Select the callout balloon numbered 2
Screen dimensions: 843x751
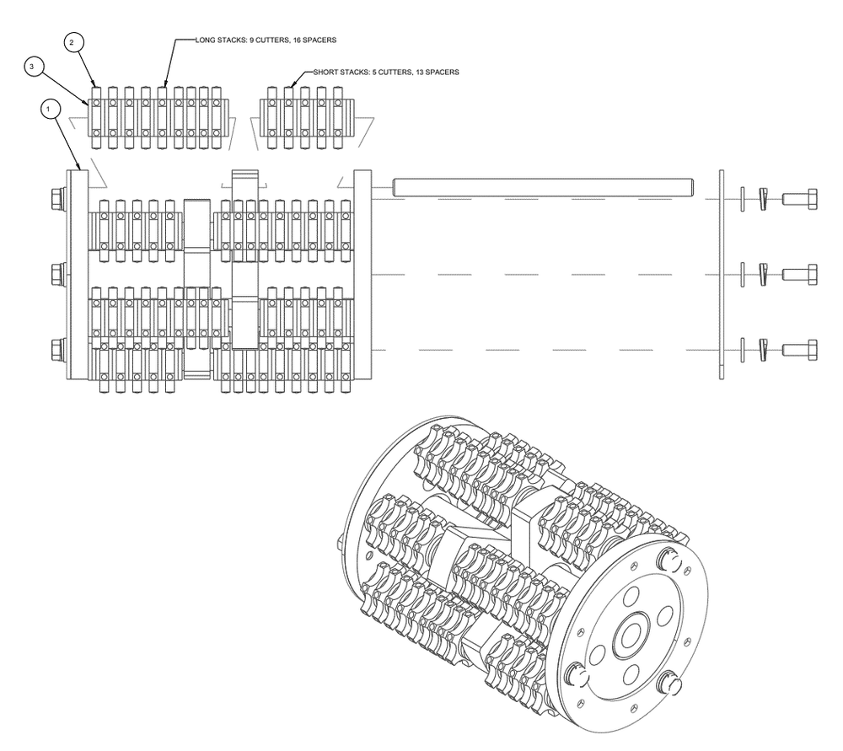(x=72, y=42)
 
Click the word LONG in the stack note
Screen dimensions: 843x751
(x=205, y=40)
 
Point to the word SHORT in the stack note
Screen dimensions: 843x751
(x=325, y=72)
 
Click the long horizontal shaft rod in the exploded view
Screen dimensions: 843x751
(x=543, y=188)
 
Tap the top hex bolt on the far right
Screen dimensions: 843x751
(x=799, y=199)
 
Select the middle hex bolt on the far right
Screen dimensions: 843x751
(x=799, y=275)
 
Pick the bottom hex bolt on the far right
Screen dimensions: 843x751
(x=799, y=350)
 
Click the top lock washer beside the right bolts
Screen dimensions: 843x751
(x=762, y=199)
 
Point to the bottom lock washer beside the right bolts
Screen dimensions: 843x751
(x=762, y=350)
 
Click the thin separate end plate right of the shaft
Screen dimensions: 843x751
(x=722, y=275)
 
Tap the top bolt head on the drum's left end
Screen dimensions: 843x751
(x=58, y=199)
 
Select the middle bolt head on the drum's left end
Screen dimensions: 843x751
(x=58, y=275)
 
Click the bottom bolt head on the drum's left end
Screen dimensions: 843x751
(x=58, y=350)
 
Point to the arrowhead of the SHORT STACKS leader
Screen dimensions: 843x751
(x=293, y=83)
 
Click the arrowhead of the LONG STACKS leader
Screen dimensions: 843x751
(x=165, y=83)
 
